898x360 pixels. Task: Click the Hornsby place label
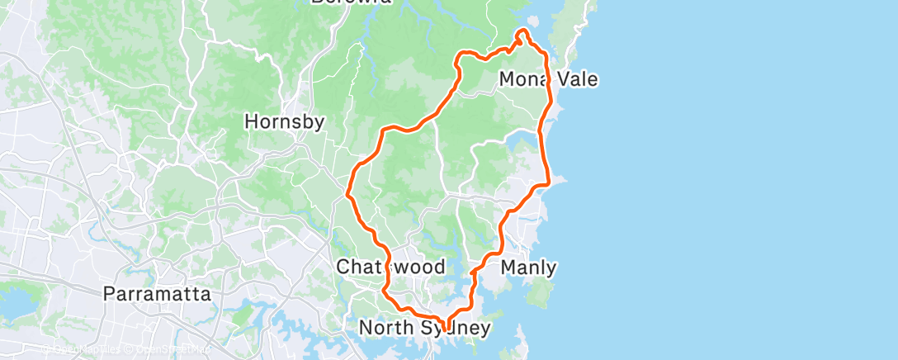pyautogui.click(x=284, y=122)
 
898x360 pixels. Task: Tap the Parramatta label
pyautogui.click(x=158, y=294)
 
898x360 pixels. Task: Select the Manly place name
pyautogui.click(x=528, y=268)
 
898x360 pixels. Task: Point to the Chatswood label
pyautogui.click(x=391, y=268)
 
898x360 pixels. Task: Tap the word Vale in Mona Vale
pyautogui.click(x=576, y=80)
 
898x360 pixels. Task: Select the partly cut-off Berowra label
pyautogui.click(x=351, y=2)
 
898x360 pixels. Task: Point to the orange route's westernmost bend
pyautogui.click(x=349, y=194)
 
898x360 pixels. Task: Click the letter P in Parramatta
pyautogui.click(x=109, y=294)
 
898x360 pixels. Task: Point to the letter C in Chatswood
pyautogui.click(x=343, y=268)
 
